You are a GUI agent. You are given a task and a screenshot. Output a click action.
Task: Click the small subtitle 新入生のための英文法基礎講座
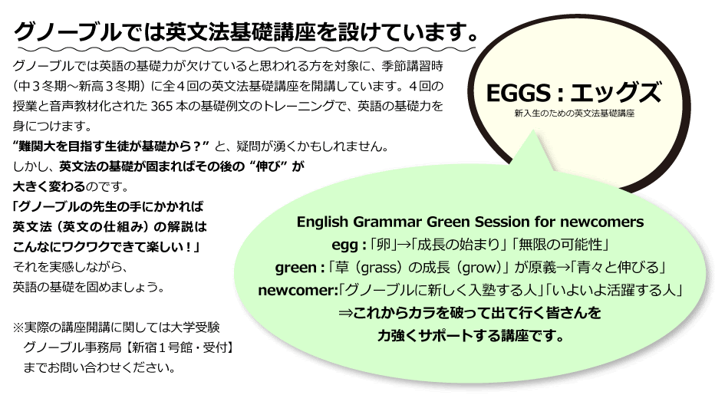(x=574, y=113)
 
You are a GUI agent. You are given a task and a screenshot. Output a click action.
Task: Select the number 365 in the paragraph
(x=160, y=107)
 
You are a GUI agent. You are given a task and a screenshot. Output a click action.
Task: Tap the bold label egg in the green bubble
(x=344, y=245)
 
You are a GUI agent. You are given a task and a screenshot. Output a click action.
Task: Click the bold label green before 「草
(x=295, y=268)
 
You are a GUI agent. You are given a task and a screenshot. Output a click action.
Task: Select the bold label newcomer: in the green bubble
(x=298, y=291)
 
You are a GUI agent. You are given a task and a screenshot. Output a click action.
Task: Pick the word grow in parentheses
(x=479, y=268)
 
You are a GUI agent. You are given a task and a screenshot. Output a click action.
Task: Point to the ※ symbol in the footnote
(x=18, y=328)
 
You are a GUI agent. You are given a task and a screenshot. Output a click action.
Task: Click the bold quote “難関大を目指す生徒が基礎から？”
(x=111, y=146)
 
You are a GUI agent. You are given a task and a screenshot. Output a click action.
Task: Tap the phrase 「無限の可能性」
(x=561, y=245)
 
